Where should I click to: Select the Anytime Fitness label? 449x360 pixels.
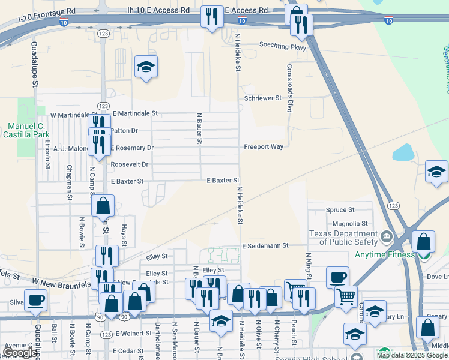pyautogui.click(x=384, y=254)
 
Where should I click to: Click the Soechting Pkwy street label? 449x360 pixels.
pyautogui.click(x=282, y=45)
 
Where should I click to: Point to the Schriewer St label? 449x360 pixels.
pyautogui.click(x=262, y=98)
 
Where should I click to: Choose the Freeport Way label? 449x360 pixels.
pyautogui.click(x=263, y=146)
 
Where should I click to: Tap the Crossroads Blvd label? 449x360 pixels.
pyautogui.click(x=289, y=88)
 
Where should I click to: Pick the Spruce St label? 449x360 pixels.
pyautogui.click(x=340, y=210)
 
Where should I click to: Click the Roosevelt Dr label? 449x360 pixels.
pyautogui.click(x=129, y=164)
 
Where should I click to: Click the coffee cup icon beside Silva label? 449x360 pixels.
pyautogui.click(x=35, y=300)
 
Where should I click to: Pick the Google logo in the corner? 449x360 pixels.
pyautogui.click(x=20, y=353)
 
